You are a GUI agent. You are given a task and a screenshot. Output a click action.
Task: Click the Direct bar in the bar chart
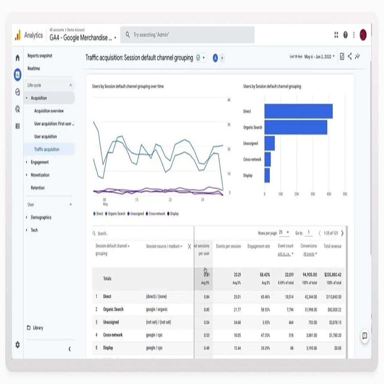pyautogui.click(x=298, y=111)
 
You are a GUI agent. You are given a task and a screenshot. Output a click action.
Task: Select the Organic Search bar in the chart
pyautogui.click(x=296, y=127)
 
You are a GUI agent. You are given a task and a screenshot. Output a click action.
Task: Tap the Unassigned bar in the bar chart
pyautogui.click(x=269, y=143)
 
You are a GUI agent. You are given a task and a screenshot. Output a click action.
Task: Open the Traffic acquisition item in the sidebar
pyautogui.click(x=47, y=149)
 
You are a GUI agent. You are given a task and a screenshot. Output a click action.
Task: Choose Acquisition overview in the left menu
pyautogui.click(x=49, y=111)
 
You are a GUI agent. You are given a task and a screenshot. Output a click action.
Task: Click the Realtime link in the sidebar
pyautogui.click(x=34, y=68)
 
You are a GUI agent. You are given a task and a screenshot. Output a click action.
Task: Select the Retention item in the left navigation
pyautogui.click(x=38, y=188)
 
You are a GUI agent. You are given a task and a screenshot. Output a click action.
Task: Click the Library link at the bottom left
pyautogui.click(x=38, y=328)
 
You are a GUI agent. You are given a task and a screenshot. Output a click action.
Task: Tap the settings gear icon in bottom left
pyautogui.click(x=17, y=345)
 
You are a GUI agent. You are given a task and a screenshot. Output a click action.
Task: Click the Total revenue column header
pyautogui.click(x=332, y=246)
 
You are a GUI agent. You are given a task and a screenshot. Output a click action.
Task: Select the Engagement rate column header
pyautogui.click(x=258, y=246)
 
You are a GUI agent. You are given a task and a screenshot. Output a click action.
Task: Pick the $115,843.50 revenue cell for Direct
pyautogui.click(x=333, y=297)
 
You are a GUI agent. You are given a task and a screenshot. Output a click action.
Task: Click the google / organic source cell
pyautogui.click(x=157, y=309)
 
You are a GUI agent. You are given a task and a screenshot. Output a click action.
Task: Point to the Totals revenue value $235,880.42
pyautogui.click(x=333, y=275)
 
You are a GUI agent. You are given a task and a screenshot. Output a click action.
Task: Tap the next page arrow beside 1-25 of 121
pyautogui.click(x=342, y=233)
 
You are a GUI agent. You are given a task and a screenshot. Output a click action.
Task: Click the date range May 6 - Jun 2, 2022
pyautogui.click(x=319, y=57)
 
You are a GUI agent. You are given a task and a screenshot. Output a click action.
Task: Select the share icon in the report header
pyautogui.click(x=349, y=57)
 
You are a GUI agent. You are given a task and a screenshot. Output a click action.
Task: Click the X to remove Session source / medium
pyautogui.click(x=189, y=246)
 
